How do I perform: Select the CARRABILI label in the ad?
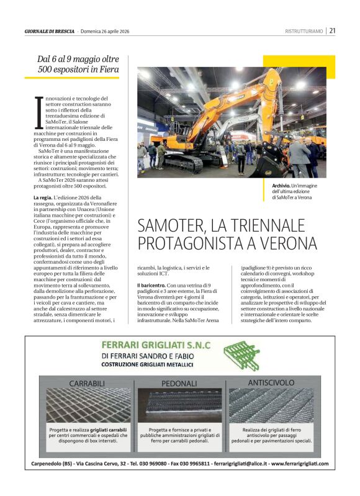tap(88, 384)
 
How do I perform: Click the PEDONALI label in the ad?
tap(179, 384)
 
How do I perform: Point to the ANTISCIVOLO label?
tap(270, 382)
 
